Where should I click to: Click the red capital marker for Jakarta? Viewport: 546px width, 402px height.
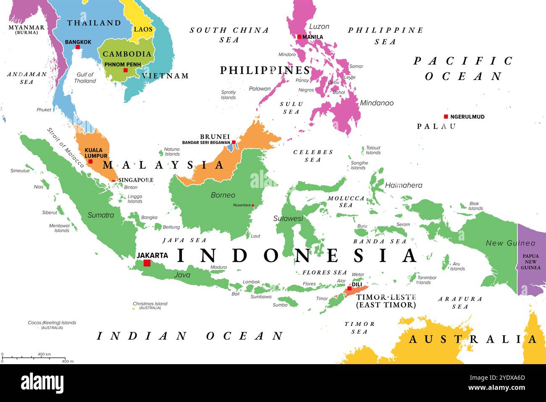coord(147,263)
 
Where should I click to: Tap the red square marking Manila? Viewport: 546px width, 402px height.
coord(299,37)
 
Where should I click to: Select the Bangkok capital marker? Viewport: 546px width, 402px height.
coord(78,47)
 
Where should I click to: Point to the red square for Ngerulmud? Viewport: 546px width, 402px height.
coord(446,116)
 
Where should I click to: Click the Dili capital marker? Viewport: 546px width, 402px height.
coord(349,288)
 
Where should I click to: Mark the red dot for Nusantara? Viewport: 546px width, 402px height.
coord(252,206)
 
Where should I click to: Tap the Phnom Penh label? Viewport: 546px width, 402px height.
coord(122,64)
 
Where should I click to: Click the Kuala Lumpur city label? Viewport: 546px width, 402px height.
coord(96,153)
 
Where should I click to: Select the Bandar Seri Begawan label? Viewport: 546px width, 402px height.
coord(206,143)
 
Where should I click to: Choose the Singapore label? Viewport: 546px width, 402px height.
coord(136,180)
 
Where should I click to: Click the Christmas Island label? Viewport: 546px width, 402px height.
coord(150,304)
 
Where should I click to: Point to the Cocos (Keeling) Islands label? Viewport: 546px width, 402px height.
coord(52,323)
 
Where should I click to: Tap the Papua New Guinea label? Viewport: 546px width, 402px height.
coord(530,262)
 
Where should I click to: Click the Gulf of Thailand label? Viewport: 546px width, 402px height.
coord(85,78)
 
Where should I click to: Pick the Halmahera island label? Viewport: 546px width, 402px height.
coord(403,185)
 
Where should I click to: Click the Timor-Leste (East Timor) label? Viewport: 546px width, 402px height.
coord(386,301)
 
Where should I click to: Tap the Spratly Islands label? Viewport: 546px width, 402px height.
coord(228,95)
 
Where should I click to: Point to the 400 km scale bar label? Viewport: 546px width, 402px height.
coord(44,354)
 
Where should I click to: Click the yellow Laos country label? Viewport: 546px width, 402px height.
coord(143,29)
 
